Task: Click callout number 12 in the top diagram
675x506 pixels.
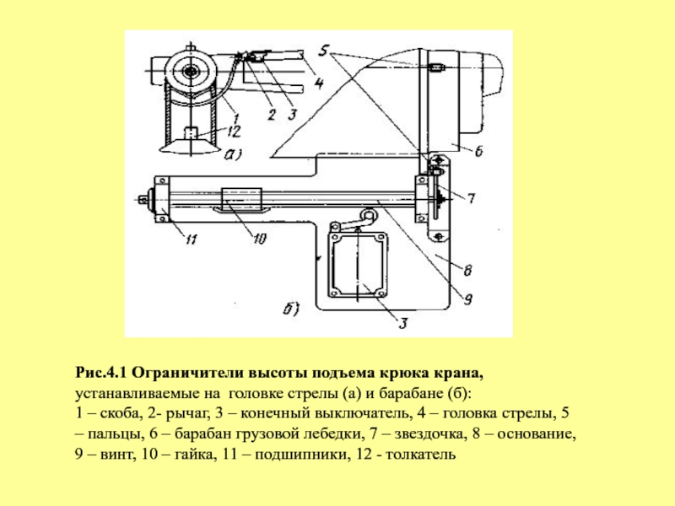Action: tap(234, 132)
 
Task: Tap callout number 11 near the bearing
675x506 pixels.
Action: tap(192, 239)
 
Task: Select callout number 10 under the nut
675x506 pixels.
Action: tap(259, 239)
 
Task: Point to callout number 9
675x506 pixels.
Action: tap(468, 299)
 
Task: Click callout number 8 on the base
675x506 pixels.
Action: tap(467, 270)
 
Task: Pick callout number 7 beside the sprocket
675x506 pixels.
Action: tap(471, 198)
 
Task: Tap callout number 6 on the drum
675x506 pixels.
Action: tap(478, 151)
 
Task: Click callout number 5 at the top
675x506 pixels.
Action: tap(324, 50)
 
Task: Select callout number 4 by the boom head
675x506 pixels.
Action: tap(319, 82)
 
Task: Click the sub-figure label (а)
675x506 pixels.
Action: tap(233, 153)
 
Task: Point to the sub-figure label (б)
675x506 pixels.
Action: tap(291, 309)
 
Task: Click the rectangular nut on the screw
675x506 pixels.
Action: tap(241, 199)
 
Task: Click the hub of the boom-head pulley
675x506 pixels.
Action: tap(189, 71)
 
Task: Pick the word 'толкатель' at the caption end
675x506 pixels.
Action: tap(420, 455)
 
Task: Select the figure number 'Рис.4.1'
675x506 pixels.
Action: tap(101, 373)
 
